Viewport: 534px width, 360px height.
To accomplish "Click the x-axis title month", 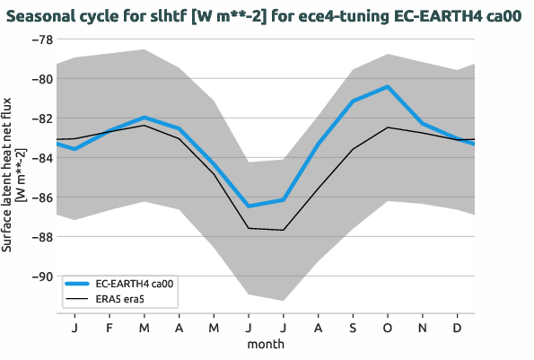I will click(x=267, y=345).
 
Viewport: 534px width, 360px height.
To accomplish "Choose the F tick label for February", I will click(x=109, y=329).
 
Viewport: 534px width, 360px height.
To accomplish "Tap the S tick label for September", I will click(x=353, y=329).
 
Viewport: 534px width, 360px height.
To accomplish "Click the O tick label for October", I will click(x=387, y=329).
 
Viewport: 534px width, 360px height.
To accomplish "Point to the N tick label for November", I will click(x=422, y=329).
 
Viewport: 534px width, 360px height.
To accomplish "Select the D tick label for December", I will click(x=457, y=329).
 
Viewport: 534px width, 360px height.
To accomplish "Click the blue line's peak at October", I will click(x=387, y=87).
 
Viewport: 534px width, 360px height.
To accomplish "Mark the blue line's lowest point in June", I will click(x=248, y=206).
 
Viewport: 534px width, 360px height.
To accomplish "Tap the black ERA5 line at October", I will click(x=387, y=127).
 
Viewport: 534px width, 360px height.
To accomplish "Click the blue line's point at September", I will click(x=353, y=101).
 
